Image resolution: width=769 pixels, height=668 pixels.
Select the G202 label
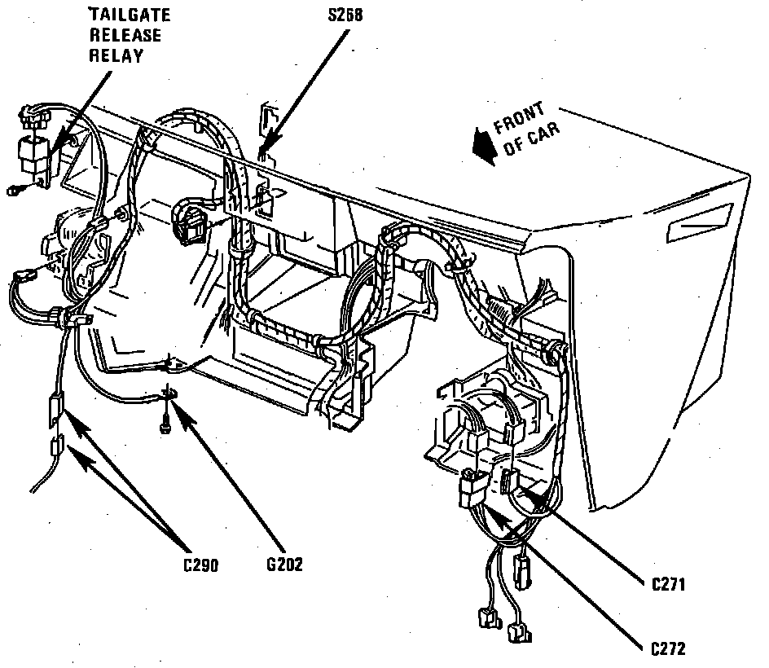coord(283,563)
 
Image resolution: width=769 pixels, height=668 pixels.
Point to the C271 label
coord(668,583)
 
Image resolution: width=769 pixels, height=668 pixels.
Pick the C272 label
coord(668,648)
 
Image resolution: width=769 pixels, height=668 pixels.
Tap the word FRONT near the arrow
coord(520,118)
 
